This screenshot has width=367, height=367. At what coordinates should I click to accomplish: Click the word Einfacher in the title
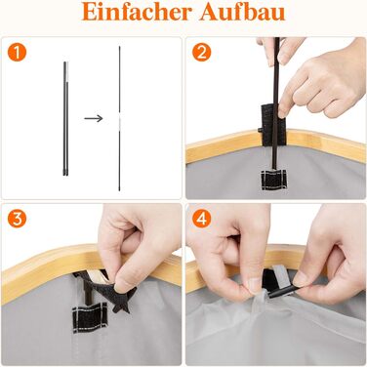137,12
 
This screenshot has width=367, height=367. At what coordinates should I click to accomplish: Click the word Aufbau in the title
242,12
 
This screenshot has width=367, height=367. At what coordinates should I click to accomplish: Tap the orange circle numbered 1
17,53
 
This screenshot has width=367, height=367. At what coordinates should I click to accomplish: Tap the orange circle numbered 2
201,53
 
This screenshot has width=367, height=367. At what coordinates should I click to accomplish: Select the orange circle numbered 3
17,219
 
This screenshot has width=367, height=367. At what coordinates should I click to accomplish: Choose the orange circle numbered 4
201,219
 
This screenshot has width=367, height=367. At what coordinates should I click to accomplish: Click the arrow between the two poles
94,118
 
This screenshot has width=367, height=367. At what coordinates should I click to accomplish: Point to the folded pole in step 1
65,119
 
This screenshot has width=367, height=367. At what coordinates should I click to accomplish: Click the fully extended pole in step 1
119,118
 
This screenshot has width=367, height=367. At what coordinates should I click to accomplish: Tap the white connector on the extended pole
119,120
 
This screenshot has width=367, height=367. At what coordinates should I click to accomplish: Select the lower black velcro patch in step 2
273,180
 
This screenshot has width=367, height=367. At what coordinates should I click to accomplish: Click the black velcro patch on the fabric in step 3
90,316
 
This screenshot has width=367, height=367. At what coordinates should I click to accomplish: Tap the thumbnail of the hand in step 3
120,285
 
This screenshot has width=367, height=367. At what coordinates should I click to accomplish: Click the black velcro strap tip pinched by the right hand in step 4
282,290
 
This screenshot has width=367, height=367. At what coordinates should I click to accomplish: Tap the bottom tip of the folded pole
65,176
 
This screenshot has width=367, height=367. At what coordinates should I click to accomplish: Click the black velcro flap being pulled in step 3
122,295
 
